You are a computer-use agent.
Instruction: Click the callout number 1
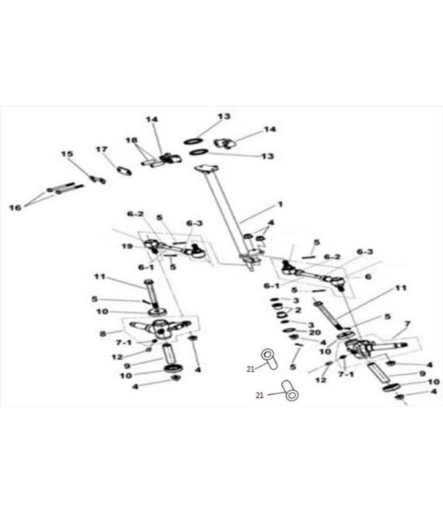[x=280, y=204]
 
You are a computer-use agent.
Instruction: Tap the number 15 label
[x=67, y=154]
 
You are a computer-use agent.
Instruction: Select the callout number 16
[x=15, y=208]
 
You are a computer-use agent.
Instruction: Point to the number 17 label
[x=102, y=149]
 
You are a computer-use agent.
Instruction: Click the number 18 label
[x=131, y=141]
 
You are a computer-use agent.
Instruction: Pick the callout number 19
[x=127, y=246]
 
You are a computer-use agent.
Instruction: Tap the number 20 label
[x=315, y=333]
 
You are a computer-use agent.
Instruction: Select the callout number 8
[x=103, y=334]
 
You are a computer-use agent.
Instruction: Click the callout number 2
[x=298, y=309]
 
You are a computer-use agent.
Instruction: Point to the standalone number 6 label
[x=368, y=277]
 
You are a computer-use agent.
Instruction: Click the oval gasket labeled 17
[x=124, y=171]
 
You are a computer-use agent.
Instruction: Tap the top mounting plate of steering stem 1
[x=206, y=169]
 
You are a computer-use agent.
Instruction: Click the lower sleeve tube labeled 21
[x=289, y=390]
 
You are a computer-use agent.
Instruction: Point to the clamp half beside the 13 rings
[x=225, y=143]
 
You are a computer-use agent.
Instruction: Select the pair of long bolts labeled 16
[x=65, y=188]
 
